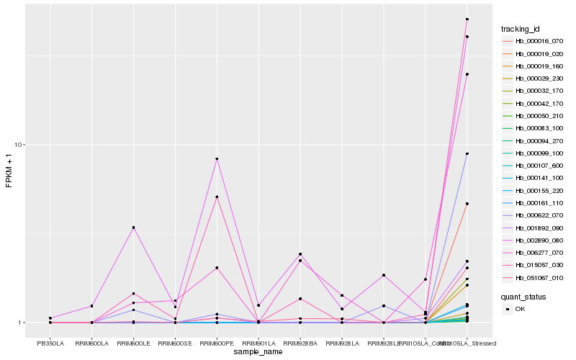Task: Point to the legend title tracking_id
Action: tap(521, 29)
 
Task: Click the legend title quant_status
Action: tap(523, 296)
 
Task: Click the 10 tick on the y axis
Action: tap(20, 145)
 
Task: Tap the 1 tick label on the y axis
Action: tap(22, 323)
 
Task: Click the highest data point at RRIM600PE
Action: tap(217, 158)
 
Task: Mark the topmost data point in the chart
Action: tap(467, 19)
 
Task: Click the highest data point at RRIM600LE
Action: tap(133, 228)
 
